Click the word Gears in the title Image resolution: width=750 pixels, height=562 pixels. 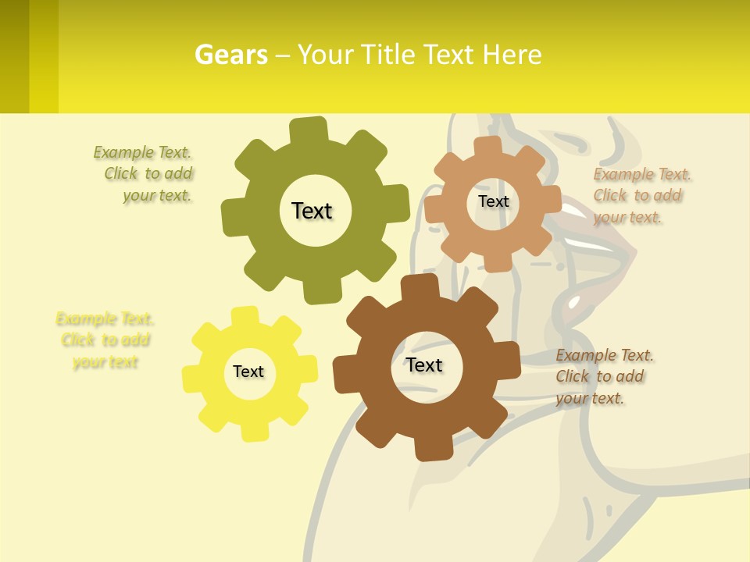[x=231, y=55]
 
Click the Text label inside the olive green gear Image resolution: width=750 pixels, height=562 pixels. [x=312, y=211]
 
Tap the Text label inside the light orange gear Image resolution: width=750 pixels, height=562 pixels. [x=493, y=201]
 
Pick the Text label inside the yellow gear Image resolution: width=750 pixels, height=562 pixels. [x=248, y=372]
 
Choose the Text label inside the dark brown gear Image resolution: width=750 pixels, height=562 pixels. [x=424, y=365]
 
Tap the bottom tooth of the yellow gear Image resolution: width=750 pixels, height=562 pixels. [x=253, y=431]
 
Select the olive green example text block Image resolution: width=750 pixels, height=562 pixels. [x=144, y=174]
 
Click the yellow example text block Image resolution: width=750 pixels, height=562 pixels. [x=105, y=340]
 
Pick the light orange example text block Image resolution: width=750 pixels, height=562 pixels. [x=642, y=196]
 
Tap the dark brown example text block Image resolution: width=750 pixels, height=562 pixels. [x=605, y=377]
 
